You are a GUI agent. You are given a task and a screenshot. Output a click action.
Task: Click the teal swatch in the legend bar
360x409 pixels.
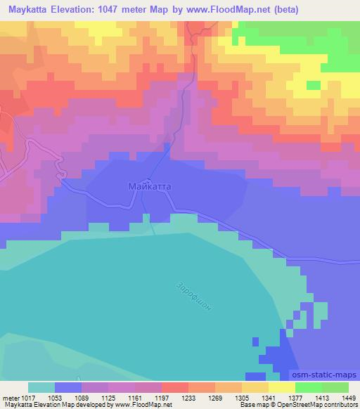[x=41, y=387]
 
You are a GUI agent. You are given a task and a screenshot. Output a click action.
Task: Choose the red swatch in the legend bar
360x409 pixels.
[x=175, y=387]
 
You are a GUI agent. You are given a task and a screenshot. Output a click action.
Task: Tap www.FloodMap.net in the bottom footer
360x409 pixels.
[x=141, y=405]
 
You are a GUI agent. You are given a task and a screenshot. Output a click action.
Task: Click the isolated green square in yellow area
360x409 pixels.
[x=314, y=86]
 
